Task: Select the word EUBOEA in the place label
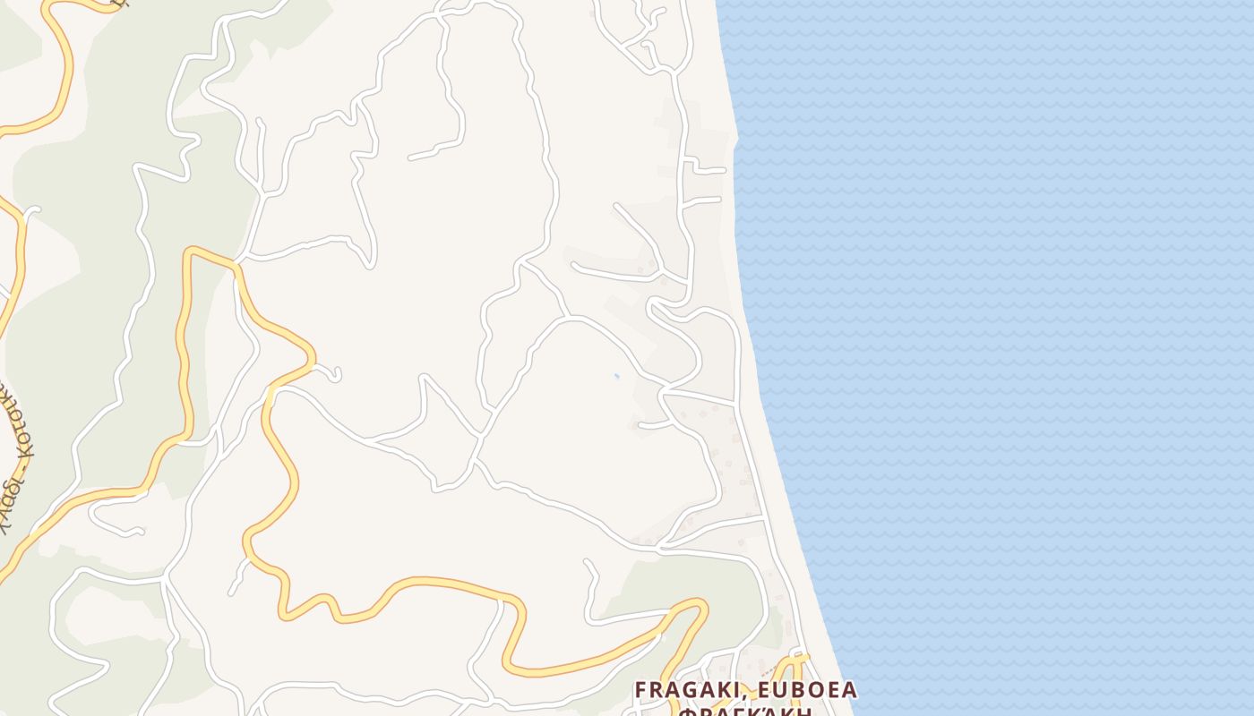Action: (x=809, y=691)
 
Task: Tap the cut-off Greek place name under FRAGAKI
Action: (x=745, y=712)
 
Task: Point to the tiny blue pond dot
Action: (x=616, y=376)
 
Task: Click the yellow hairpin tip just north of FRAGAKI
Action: (x=700, y=606)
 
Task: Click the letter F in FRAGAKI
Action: (x=641, y=691)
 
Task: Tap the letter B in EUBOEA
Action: (x=803, y=691)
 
